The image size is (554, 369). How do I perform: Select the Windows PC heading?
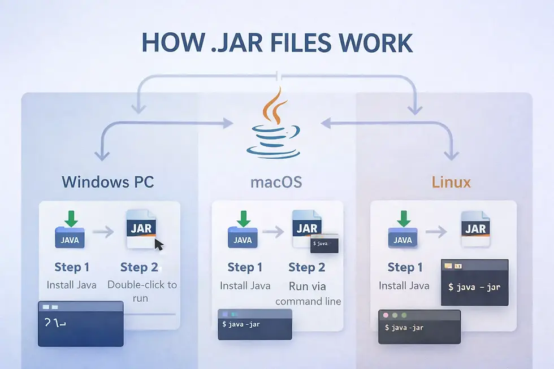[x=107, y=182]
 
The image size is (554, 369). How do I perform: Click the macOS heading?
[x=276, y=182]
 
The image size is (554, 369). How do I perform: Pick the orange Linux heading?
[x=451, y=182]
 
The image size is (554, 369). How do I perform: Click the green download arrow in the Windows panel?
[x=71, y=219]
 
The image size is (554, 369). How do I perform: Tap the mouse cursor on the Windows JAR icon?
[x=159, y=245]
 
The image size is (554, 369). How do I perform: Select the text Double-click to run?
[x=141, y=290]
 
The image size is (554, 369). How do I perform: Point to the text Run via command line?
[x=308, y=293]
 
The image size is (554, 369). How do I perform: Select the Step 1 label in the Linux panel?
[x=405, y=267]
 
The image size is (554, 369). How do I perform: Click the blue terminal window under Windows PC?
[x=80, y=323]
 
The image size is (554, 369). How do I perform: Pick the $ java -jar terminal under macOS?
[x=254, y=324]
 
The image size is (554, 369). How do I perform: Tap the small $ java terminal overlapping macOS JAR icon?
[x=324, y=244]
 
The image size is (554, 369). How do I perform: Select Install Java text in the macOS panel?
[x=245, y=285]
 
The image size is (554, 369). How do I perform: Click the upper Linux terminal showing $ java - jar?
[x=474, y=283]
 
